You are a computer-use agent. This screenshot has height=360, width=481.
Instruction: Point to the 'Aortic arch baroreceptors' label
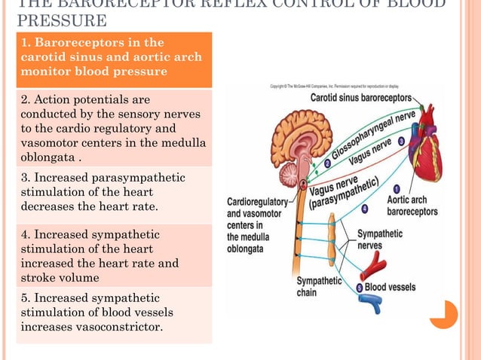[412, 206]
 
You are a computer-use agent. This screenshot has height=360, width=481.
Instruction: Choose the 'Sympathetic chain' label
[317, 286]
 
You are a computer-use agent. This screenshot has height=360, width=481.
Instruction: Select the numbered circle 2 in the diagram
[327, 163]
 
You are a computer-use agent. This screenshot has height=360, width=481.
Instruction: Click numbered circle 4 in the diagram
[364, 208]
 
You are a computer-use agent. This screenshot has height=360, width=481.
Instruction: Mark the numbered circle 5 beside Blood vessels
[359, 288]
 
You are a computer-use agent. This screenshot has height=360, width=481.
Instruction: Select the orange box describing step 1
[113, 59]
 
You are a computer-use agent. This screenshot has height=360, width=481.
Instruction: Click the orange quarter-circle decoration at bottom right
[446, 315]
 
